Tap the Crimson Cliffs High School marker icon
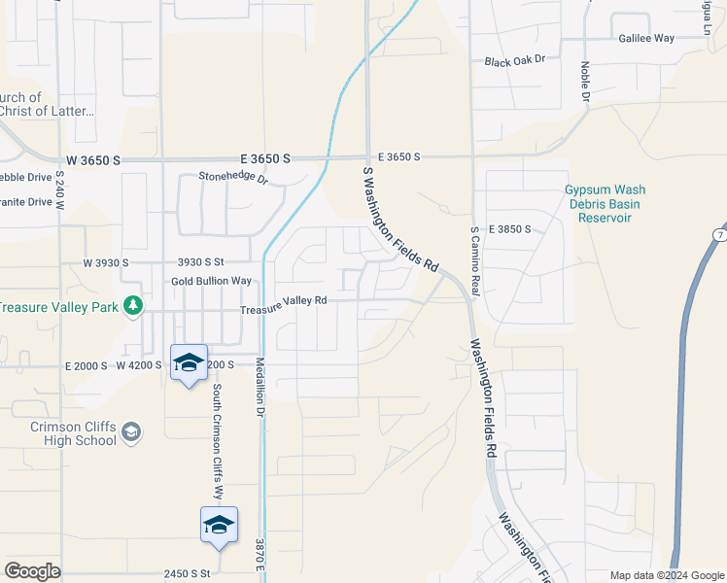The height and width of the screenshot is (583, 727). pos(132,431)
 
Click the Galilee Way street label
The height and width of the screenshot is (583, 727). pos(646,38)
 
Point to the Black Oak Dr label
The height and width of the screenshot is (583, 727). pos(515,60)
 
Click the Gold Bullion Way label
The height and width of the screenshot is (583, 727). pos(211,281)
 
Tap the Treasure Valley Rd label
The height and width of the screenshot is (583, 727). pos(284,302)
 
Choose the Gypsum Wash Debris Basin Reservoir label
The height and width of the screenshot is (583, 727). pos(605,204)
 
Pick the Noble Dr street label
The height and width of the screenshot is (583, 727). pos(586,82)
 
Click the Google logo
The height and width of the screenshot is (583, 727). pos(32,571)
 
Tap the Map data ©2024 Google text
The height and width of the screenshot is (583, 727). pos(667,575)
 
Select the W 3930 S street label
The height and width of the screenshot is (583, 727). pos(106,262)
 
